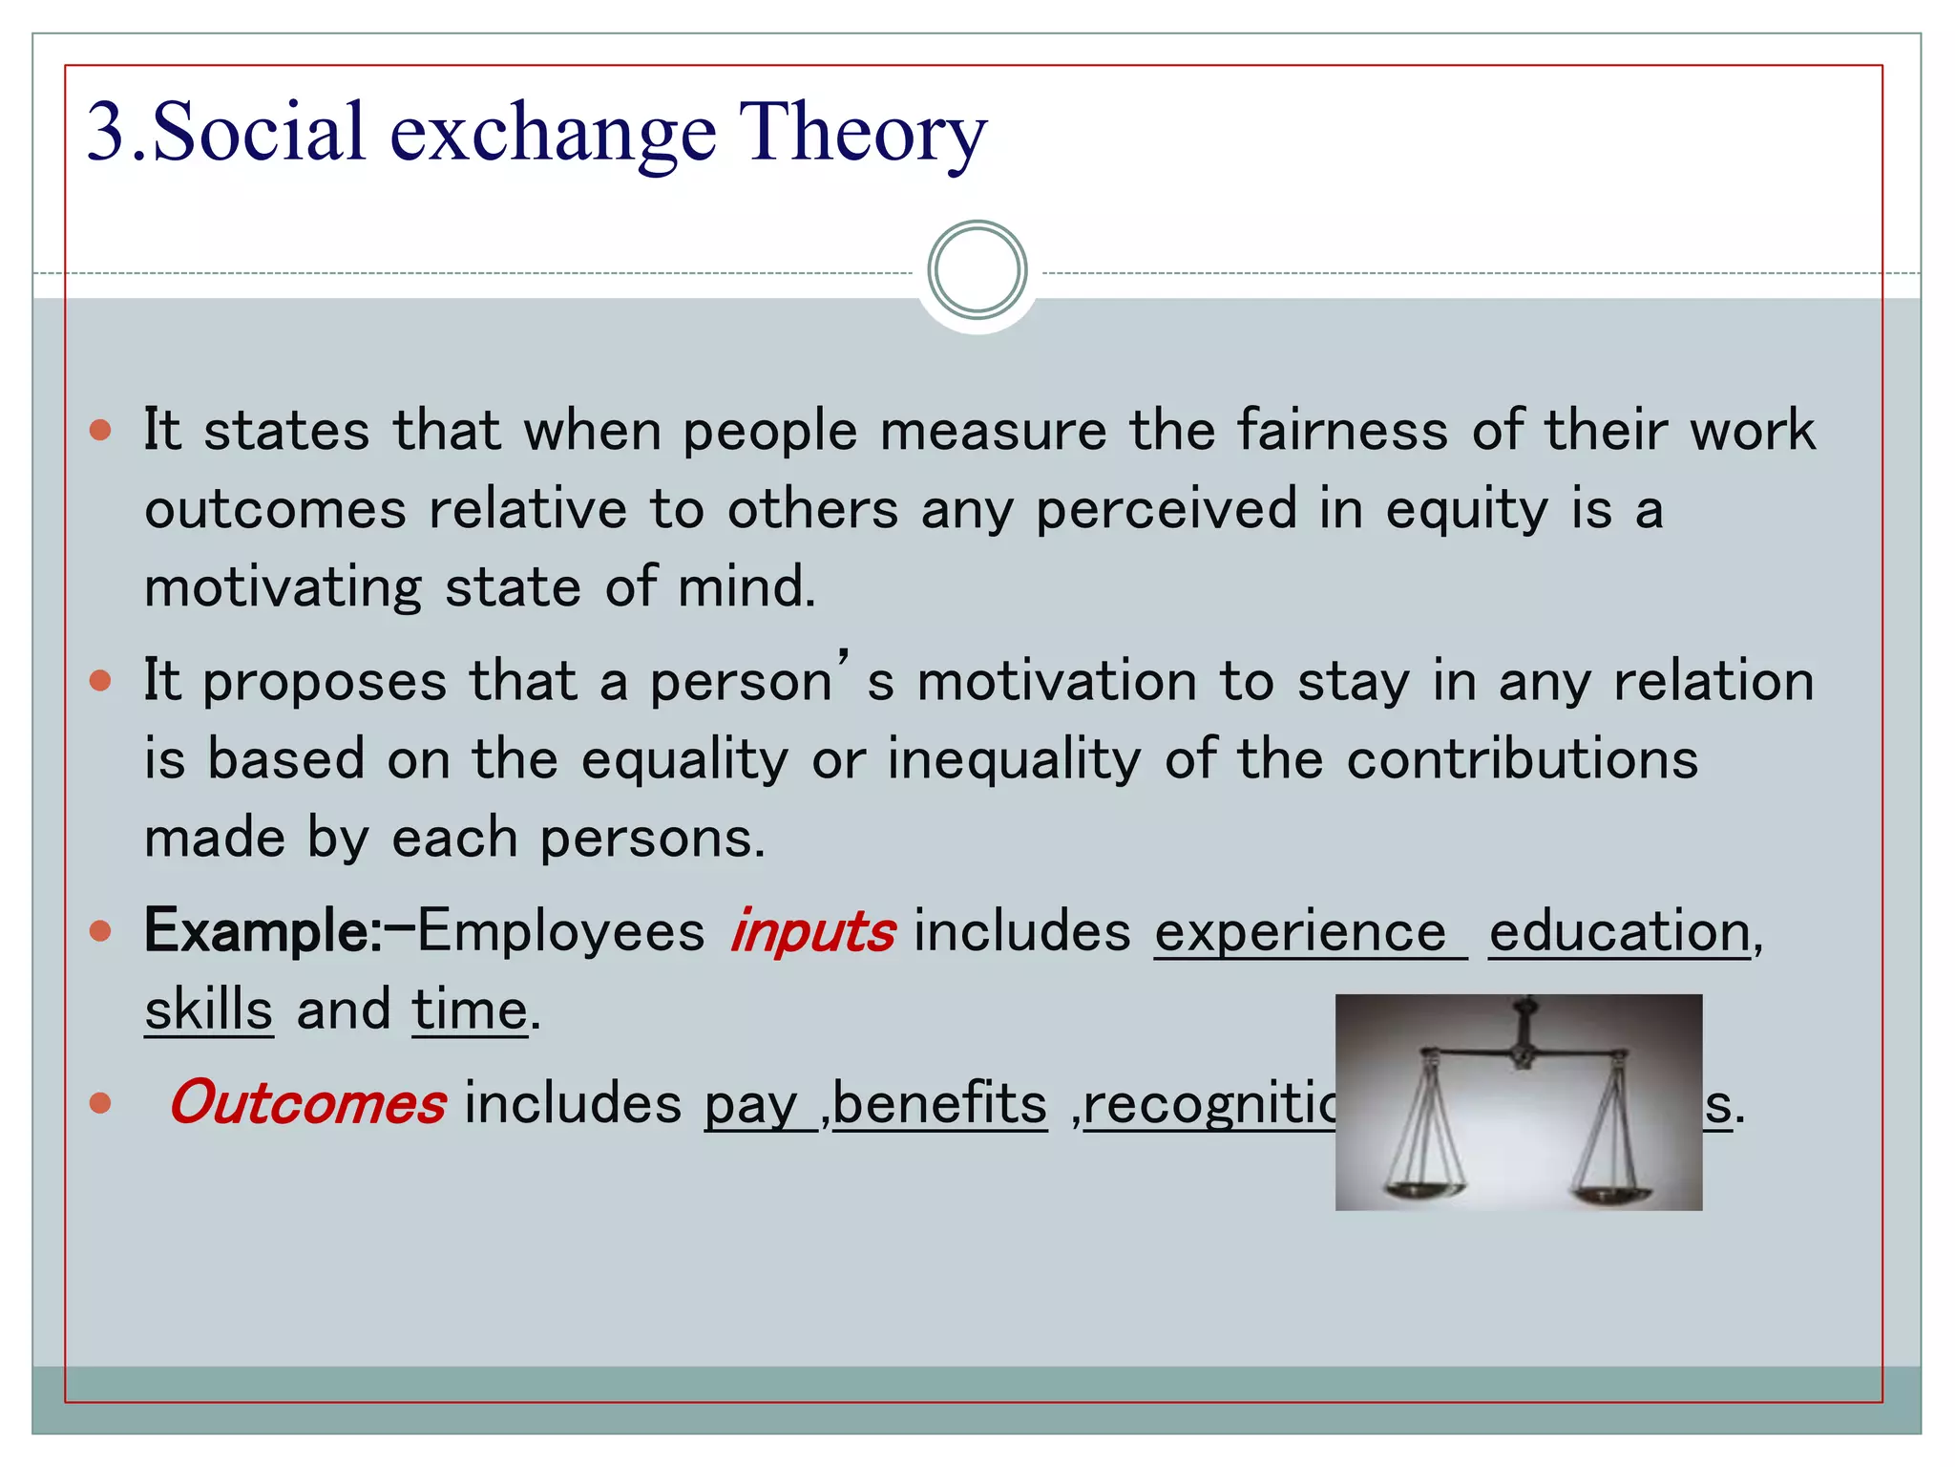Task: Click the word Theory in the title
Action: pyautogui.click(x=862, y=133)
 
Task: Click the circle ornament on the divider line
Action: pyautogui.click(x=977, y=270)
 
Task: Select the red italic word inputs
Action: pyautogui.click(x=812, y=932)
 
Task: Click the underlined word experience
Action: pyautogui.click(x=1300, y=932)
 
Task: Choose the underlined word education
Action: pyautogui.click(x=1620, y=932)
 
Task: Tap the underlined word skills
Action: pyautogui.click(x=209, y=1010)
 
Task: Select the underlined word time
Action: pyautogui.click(x=470, y=1010)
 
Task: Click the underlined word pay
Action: pyautogui.click(x=750, y=1105)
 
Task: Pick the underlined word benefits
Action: pyautogui.click(x=940, y=1105)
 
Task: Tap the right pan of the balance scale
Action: pyautogui.click(x=1610, y=1193)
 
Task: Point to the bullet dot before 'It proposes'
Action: pyautogui.click(x=100, y=681)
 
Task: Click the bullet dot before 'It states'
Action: pyautogui.click(x=100, y=430)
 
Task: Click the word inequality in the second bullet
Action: pyautogui.click(x=1014, y=760)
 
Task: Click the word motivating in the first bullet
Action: pyautogui.click(x=283, y=586)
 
